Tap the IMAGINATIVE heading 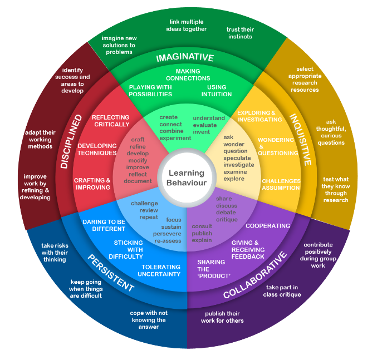point(185,57)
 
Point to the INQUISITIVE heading point(300,140)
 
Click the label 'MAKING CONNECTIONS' point(188,75)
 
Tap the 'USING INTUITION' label point(217,91)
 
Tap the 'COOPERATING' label point(268,226)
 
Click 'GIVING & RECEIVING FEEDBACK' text point(248,250)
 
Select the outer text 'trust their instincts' point(239,33)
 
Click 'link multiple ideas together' point(188,25)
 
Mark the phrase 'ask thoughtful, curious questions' point(331,132)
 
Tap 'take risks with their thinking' point(55,252)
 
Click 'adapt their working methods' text point(40,139)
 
